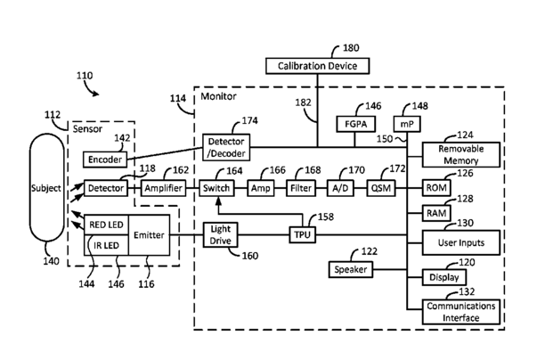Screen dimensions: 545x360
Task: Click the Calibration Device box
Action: [x=317, y=66]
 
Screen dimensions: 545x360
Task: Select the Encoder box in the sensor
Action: [x=105, y=160]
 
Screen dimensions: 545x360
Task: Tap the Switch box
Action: [x=216, y=188]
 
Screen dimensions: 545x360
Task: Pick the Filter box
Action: [x=301, y=188]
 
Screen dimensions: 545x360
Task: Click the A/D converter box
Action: [x=340, y=188]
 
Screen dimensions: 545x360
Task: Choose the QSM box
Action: [x=381, y=188]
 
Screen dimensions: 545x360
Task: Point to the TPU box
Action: [x=303, y=234]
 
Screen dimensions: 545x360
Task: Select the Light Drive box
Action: [x=220, y=234]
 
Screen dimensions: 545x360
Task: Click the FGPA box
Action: [x=356, y=124]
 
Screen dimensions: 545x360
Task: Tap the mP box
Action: [x=407, y=124]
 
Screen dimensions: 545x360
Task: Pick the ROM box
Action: [x=436, y=188]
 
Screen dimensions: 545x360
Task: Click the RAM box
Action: [x=436, y=213]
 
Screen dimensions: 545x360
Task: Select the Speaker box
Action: [x=351, y=270]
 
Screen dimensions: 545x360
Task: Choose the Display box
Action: [x=444, y=277]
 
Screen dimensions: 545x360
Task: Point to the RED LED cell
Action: [x=106, y=225]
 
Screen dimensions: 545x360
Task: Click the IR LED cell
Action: [x=106, y=245]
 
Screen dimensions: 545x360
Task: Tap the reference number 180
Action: [x=351, y=47]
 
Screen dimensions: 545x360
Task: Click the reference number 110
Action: [x=85, y=76]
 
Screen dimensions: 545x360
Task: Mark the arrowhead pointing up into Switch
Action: [x=218, y=200]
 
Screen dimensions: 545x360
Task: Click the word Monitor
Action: [x=218, y=96]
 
